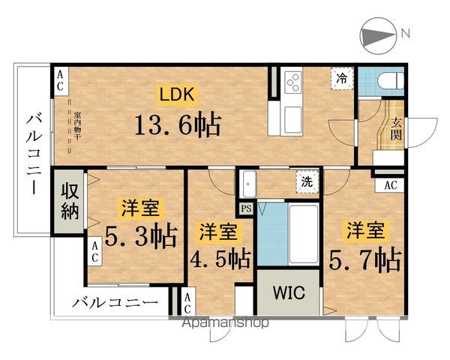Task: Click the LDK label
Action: pyautogui.click(x=175, y=95)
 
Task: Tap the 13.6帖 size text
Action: pyautogui.click(x=176, y=124)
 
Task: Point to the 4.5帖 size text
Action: pyautogui.click(x=219, y=259)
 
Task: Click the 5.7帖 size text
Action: pyautogui.click(x=365, y=259)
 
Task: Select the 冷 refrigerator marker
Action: pyautogui.click(x=342, y=78)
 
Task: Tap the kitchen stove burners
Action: pyautogui.click(x=291, y=80)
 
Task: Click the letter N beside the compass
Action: pyautogui.click(x=405, y=34)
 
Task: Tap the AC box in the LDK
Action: pyautogui.click(x=60, y=79)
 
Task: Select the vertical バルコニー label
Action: pyautogui.click(x=32, y=154)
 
